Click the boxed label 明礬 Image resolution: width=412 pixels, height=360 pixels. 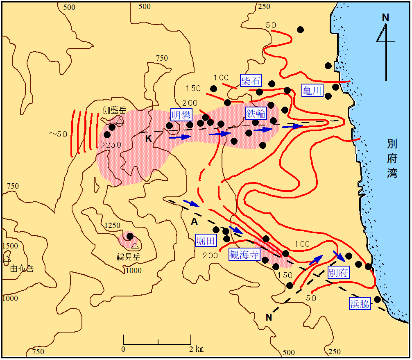click(181, 115)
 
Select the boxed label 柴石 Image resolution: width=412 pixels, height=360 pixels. click(251, 80)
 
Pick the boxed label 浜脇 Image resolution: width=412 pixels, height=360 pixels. click(360, 304)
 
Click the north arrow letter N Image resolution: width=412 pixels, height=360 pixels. click(385, 17)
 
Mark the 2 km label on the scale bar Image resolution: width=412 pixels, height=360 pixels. click(196, 349)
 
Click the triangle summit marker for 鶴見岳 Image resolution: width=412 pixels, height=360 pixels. click(135, 246)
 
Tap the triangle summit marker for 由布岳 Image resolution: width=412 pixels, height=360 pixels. click(7, 258)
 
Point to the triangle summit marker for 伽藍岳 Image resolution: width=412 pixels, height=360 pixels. click(119, 121)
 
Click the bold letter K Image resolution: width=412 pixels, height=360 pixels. click(148, 139)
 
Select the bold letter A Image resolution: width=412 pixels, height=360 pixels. click(195, 221)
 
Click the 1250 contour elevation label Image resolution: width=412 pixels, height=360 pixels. click(112, 226)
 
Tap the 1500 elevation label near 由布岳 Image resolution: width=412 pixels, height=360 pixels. click(10, 246)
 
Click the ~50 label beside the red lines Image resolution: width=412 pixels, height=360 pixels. click(58, 134)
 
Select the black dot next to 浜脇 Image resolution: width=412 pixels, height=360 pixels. click(378, 299)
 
